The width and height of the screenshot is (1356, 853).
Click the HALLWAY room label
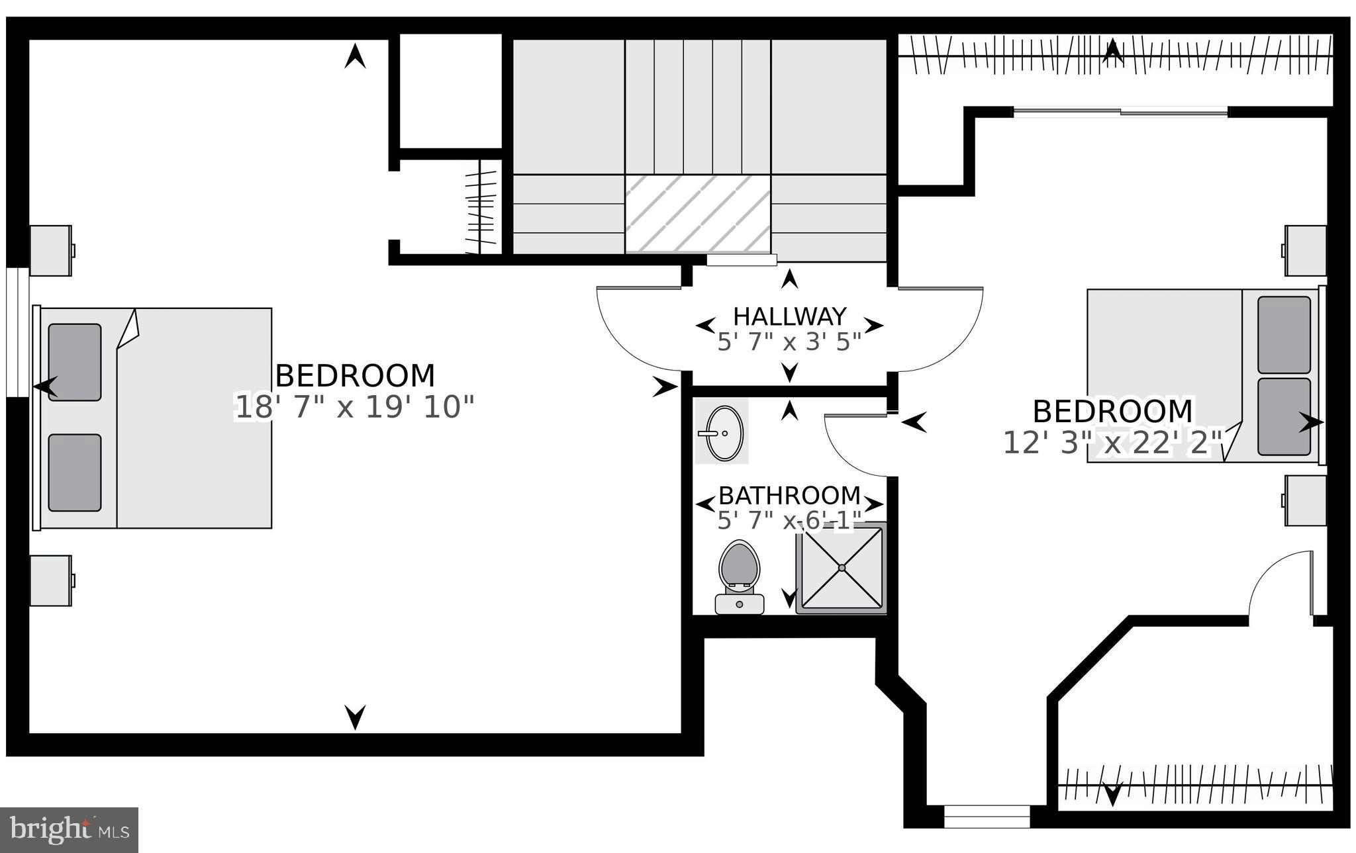[789, 316]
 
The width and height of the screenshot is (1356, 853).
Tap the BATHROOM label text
[789, 495]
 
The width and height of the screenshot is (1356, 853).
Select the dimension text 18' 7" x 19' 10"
[355, 407]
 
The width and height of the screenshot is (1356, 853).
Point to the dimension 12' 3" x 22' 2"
[1112, 443]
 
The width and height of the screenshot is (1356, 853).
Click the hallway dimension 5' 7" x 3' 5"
[789, 341]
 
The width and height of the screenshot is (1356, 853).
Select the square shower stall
[841, 568]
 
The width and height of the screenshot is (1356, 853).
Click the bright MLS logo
[70, 830]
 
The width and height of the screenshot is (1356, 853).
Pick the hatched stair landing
[699, 213]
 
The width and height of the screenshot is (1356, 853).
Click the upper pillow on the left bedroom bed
[75, 362]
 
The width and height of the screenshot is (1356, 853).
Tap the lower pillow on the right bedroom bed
[1284, 417]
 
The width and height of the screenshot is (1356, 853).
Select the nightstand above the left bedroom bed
[51, 251]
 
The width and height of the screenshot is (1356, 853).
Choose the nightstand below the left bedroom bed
[51, 580]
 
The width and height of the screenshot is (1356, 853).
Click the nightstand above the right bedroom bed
[1304, 251]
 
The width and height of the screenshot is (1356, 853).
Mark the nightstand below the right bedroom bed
[1304, 500]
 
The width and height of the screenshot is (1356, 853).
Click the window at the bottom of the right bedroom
[987, 817]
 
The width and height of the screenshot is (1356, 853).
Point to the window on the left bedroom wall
[17, 332]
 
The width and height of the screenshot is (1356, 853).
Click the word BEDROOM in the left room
[355, 376]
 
